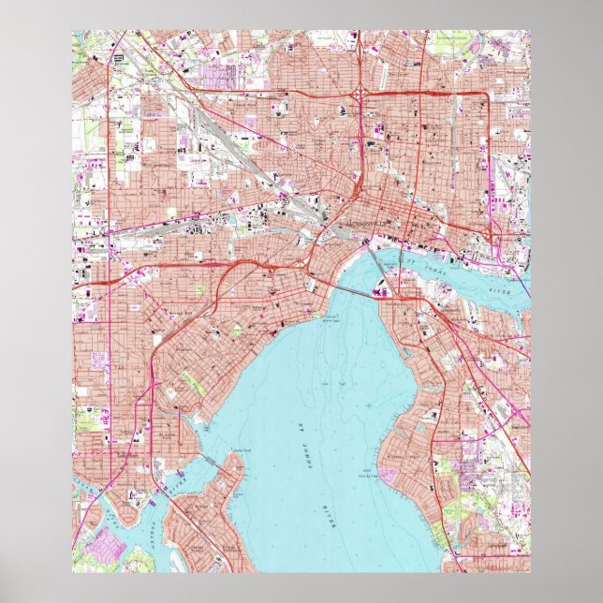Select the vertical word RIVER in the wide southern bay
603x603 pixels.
point(331,514)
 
